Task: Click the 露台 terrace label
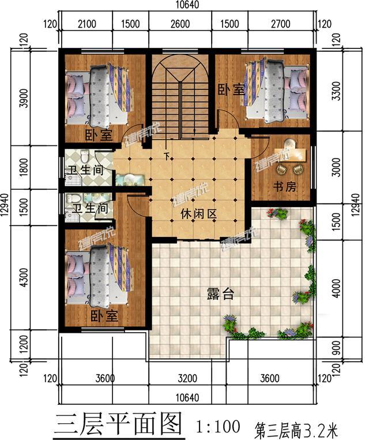tap(220, 294)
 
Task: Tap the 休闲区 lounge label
tap(199, 214)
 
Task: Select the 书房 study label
tap(285, 186)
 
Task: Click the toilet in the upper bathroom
tap(84, 156)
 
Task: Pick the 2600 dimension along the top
tap(180, 24)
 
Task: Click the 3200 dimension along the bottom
tap(187, 378)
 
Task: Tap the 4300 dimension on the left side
tap(24, 277)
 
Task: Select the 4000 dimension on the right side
tap(337, 288)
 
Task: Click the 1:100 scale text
tap(218, 426)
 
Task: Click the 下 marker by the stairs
tap(167, 156)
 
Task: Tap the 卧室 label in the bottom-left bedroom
tap(104, 316)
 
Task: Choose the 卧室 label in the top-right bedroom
tap(232, 89)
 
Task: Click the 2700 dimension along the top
tap(281, 24)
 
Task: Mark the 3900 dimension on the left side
tap(24, 98)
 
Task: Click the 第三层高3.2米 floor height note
tap(296, 430)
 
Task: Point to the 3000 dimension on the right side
tap(337, 167)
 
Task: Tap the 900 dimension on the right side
tap(337, 348)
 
